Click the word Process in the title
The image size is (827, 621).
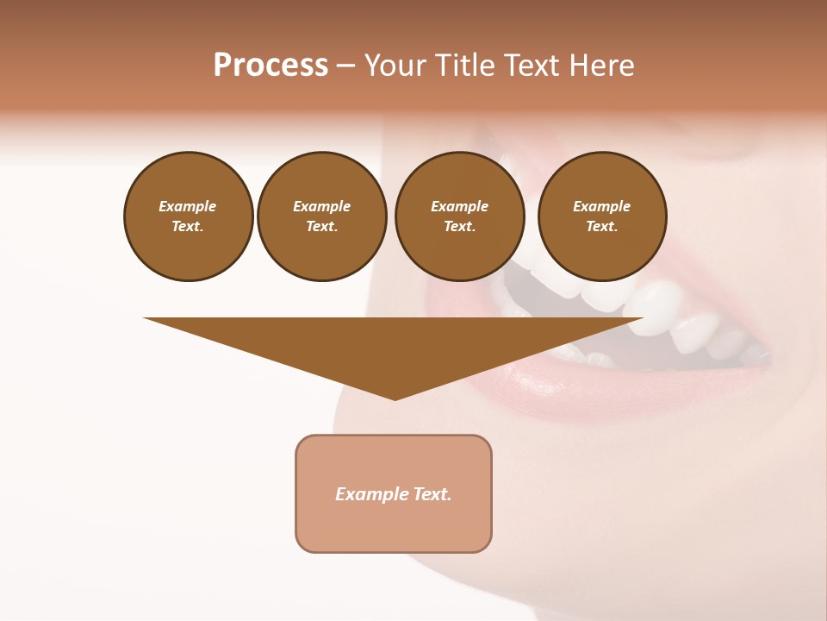point(270,66)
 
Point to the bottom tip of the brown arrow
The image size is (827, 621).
point(395,399)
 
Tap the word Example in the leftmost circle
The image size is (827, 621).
point(188,206)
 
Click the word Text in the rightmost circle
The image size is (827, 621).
point(602,226)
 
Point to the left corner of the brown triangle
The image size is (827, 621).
point(146,319)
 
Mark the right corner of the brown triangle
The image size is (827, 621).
point(642,319)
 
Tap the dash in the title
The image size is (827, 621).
point(345,66)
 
